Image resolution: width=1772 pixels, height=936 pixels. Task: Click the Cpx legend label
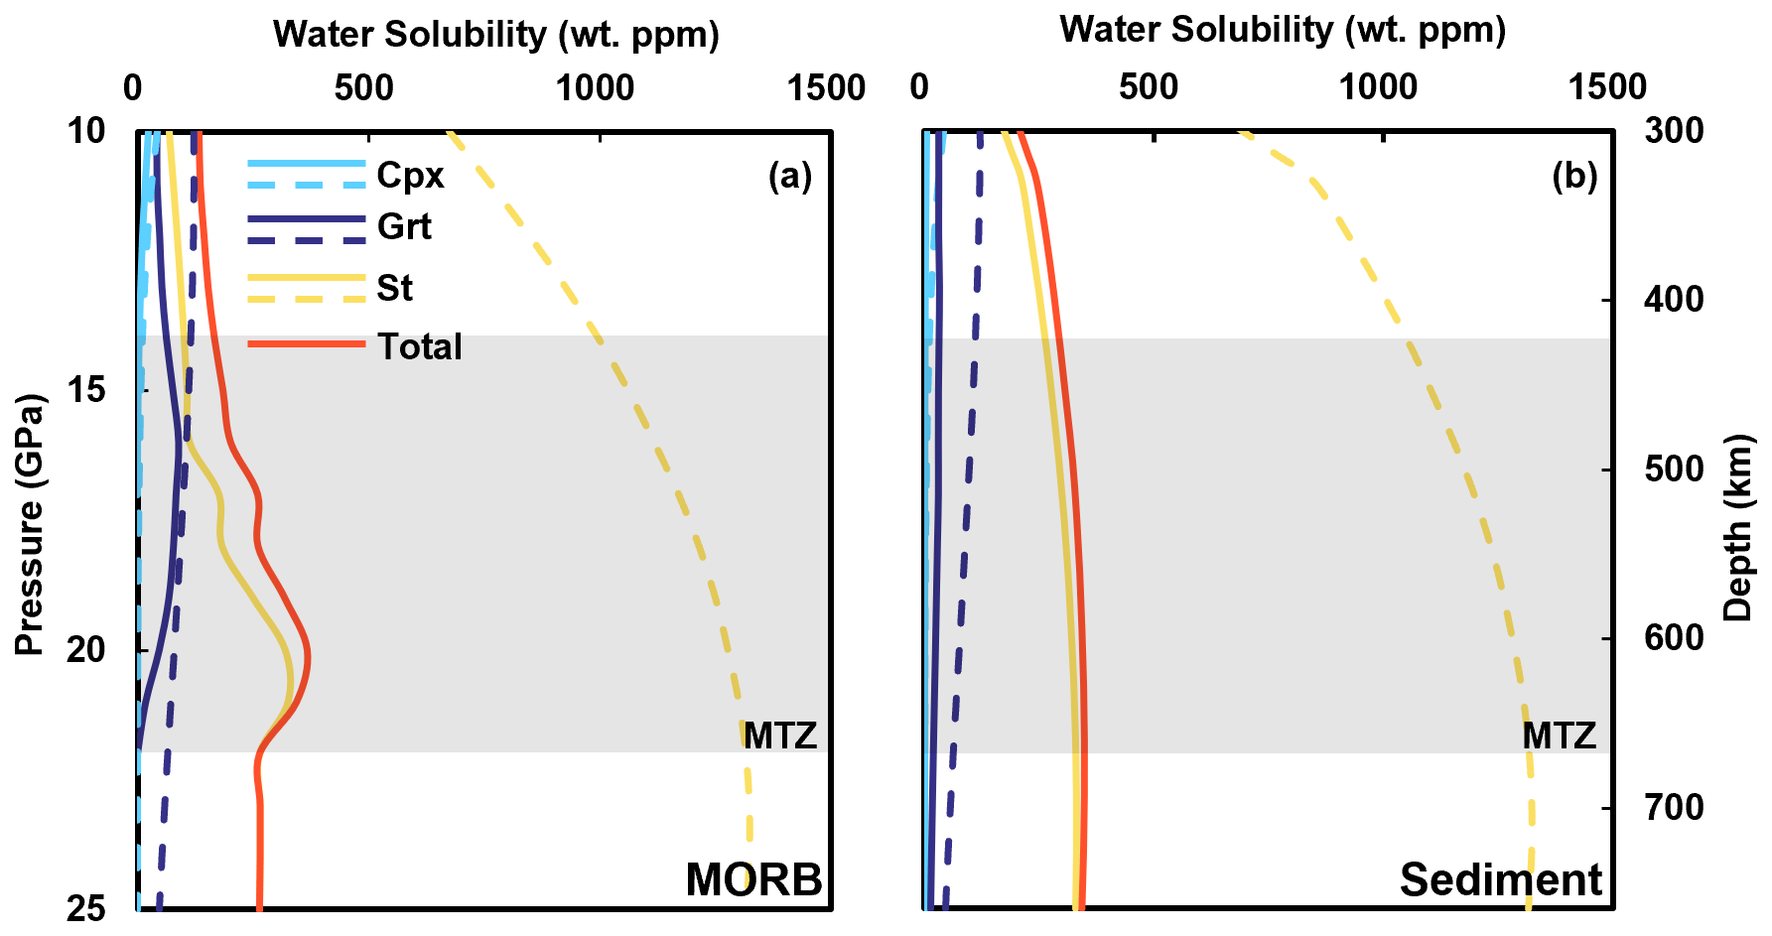(410, 175)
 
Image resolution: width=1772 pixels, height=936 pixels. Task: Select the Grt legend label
(404, 227)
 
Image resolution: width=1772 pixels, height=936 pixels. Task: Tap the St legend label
(394, 288)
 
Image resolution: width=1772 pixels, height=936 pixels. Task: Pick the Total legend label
(419, 346)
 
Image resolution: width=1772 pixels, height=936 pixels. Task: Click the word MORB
(753, 879)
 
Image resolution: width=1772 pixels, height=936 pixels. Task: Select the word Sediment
(1500, 879)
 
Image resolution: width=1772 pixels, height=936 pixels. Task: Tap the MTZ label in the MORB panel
(780, 735)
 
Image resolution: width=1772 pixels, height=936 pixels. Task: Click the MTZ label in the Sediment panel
(1559, 735)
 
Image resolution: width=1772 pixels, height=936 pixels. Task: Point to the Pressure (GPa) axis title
(30, 524)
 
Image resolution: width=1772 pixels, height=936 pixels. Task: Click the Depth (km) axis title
(1738, 527)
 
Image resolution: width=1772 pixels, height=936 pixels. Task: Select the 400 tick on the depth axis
(1675, 299)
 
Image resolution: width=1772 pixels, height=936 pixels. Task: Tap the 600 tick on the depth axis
(1675, 637)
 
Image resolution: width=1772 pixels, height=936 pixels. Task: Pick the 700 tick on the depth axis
(1675, 807)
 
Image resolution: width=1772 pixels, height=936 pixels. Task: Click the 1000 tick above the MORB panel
(595, 88)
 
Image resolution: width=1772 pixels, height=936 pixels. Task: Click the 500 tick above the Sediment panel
(1149, 87)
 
